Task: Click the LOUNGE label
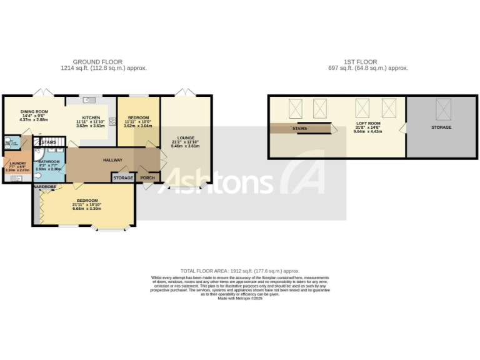pos(186,138)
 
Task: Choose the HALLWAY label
pos(112,160)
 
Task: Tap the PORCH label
pos(147,178)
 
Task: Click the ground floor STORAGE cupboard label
pos(123,178)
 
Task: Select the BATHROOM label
pos(48,161)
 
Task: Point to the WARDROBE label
pos(45,187)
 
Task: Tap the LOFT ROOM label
pos(367,124)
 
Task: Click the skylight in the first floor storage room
pos(443,111)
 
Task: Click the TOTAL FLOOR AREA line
pos(240,271)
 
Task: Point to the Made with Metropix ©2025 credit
pos(240,299)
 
